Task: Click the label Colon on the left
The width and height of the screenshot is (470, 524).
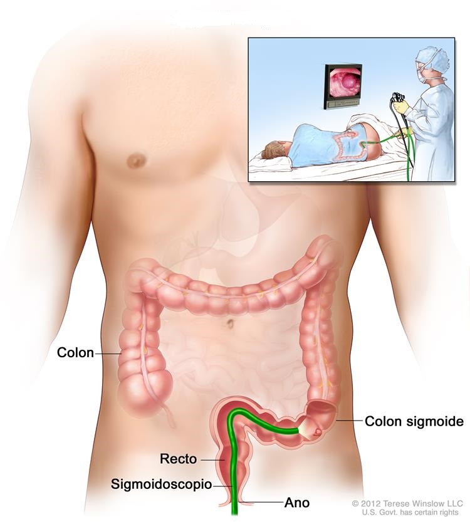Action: pyautogui.click(x=75, y=352)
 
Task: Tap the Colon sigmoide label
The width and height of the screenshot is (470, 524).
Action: pyautogui.click(x=414, y=421)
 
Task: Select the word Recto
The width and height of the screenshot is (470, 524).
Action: pyautogui.click(x=178, y=459)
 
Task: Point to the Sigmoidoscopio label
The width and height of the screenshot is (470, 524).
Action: pyautogui.click(x=161, y=485)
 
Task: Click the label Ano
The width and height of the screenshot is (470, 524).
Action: pyautogui.click(x=296, y=503)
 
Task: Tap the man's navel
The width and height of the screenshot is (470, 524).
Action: pyautogui.click(x=230, y=323)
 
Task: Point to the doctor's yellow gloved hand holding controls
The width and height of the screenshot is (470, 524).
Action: pyautogui.click(x=402, y=107)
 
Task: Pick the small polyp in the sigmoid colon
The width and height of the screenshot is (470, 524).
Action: pyautogui.click(x=318, y=432)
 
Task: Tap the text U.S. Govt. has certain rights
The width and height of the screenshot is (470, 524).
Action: pyautogui.click(x=410, y=512)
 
